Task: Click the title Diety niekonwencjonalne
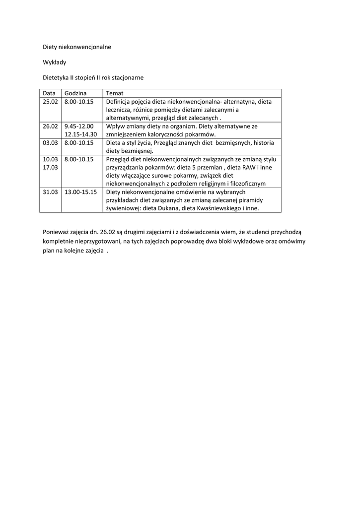tap(77, 47)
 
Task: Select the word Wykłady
tap(55, 63)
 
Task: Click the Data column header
tap(49, 93)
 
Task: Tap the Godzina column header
tap(75, 93)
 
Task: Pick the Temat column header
tap(115, 93)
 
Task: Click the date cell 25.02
tap(50, 102)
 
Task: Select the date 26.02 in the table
tap(50, 126)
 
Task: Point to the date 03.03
tap(50, 142)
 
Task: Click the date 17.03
tap(50, 167)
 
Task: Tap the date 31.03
tap(50, 191)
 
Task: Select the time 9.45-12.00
tap(79, 126)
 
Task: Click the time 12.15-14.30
tap(80, 134)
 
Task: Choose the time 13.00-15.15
tap(80, 191)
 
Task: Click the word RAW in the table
tap(248, 167)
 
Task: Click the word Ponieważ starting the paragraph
tap(57, 232)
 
